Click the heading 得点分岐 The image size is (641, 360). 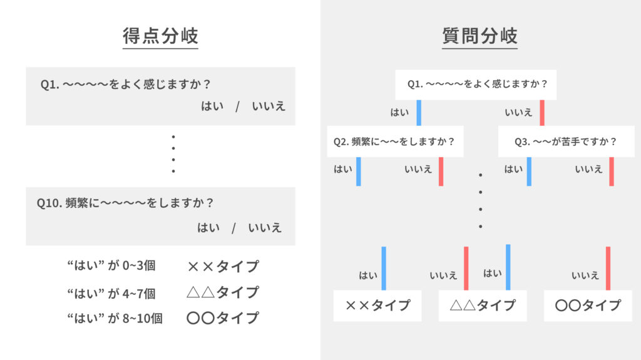tap(160, 36)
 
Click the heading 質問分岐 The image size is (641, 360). tap(479, 36)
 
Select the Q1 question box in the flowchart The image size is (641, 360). tap(477, 84)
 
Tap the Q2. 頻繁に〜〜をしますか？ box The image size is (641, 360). tap(394, 141)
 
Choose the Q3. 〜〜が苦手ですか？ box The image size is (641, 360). tap(565, 141)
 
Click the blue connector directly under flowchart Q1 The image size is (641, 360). tap(419, 113)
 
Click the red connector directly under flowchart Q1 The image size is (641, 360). tap(542, 113)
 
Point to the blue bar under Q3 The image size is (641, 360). tap(529, 171)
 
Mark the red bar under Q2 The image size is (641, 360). tap(441, 171)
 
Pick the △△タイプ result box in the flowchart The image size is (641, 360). tap(482, 306)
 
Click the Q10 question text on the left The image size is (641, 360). tap(125, 203)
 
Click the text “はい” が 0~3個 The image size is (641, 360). tap(111, 265)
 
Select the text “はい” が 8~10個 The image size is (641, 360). tap(115, 318)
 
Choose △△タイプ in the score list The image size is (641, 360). tap(222, 292)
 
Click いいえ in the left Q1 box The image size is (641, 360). tap(269, 106)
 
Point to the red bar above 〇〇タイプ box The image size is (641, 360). tap(608, 268)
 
